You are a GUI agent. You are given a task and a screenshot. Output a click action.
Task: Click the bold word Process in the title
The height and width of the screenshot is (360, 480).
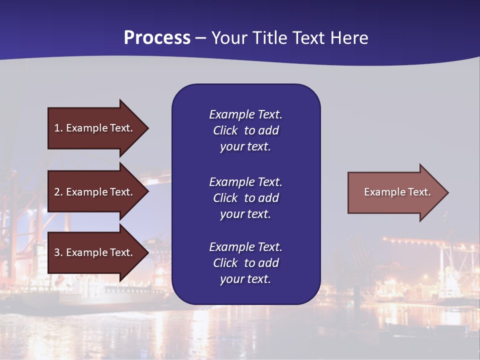157,38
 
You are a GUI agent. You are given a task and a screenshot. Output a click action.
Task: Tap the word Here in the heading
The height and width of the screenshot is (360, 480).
348,38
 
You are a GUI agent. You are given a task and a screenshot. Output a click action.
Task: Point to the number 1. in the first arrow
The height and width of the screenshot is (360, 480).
58,128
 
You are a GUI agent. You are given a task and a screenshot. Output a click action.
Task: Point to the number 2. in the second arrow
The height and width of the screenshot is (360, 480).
58,192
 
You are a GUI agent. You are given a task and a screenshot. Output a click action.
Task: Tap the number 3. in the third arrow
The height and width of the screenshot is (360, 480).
58,252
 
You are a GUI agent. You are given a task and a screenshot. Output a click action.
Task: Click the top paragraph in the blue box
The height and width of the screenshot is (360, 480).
245,130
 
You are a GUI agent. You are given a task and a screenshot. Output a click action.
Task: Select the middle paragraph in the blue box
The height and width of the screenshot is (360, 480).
245,198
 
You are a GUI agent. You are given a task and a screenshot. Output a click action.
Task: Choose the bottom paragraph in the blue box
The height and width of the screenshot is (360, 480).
245,263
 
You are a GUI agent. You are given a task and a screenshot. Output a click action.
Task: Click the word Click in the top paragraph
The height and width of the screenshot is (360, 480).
225,130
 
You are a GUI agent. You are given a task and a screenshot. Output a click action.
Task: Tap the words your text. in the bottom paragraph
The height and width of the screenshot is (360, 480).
245,279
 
